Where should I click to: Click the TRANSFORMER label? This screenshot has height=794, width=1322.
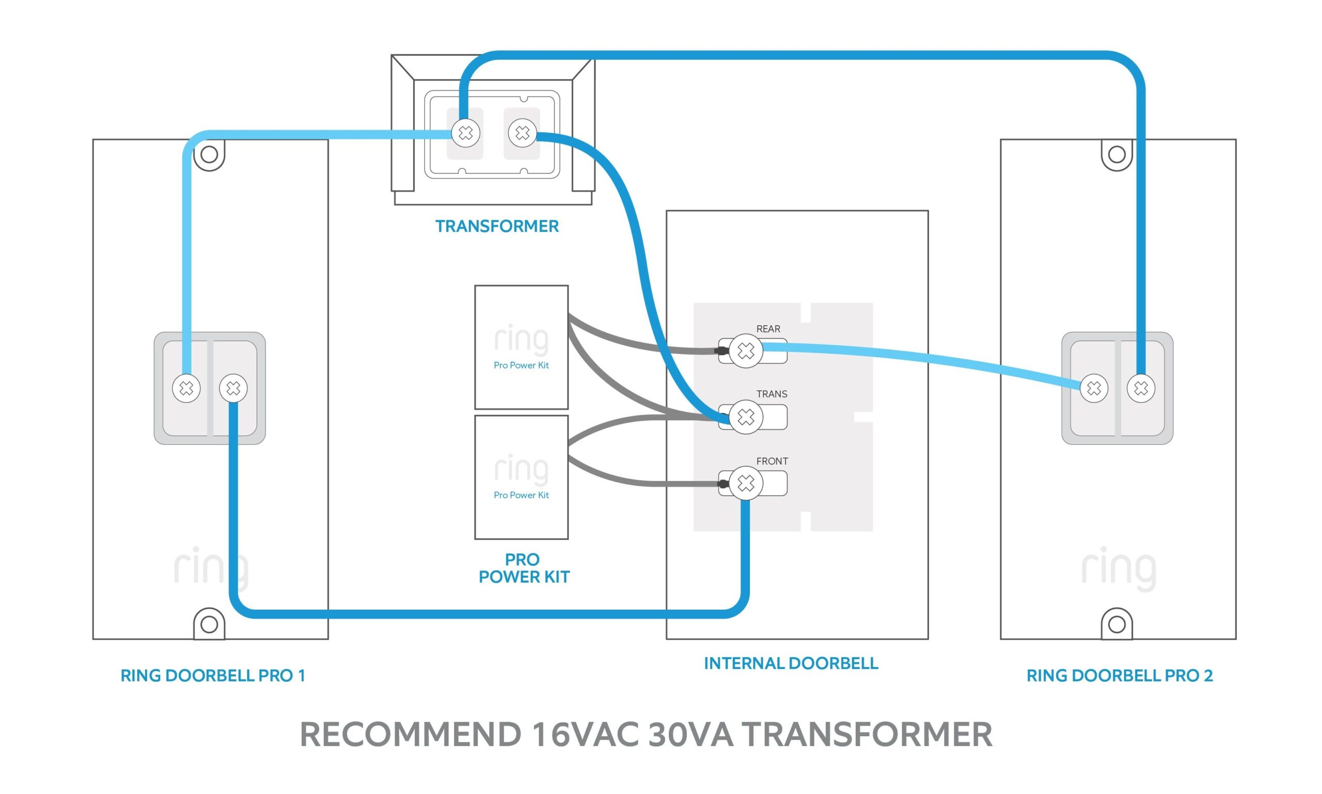pyautogui.click(x=497, y=226)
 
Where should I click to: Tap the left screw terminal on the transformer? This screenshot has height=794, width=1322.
pyautogui.click(x=465, y=133)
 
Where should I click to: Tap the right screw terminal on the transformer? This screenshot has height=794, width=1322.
pyautogui.click(x=522, y=133)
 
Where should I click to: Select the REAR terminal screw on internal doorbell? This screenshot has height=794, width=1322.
pyautogui.click(x=746, y=351)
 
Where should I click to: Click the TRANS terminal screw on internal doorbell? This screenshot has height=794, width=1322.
pyautogui.click(x=746, y=417)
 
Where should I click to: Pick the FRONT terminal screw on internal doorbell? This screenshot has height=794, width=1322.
pyautogui.click(x=746, y=483)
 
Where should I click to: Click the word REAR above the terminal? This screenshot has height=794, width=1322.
pyautogui.click(x=768, y=329)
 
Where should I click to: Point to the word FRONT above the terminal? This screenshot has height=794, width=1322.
pyautogui.click(x=772, y=461)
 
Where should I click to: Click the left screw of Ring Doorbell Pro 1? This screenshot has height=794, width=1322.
pyautogui.click(x=186, y=388)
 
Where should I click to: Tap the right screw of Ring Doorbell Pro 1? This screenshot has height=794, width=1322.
pyautogui.click(x=233, y=388)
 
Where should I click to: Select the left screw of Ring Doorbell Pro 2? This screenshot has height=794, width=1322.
pyautogui.click(x=1094, y=388)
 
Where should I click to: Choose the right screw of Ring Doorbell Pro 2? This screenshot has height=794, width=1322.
pyautogui.click(x=1141, y=388)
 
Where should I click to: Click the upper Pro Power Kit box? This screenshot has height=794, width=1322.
pyautogui.click(x=521, y=347)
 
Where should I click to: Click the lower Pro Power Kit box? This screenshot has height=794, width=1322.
pyautogui.click(x=521, y=477)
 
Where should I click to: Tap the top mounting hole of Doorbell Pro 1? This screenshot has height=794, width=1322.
pyautogui.click(x=209, y=155)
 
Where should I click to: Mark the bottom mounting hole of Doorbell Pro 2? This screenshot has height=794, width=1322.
pyautogui.click(x=1116, y=624)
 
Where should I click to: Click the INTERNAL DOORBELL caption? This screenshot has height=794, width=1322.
pyautogui.click(x=791, y=663)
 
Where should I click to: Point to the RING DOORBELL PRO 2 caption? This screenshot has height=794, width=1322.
pyautogui.click(x=1119, y=676)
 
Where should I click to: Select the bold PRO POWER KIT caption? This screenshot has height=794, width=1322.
pyautogui.click(x=524, y=568)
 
